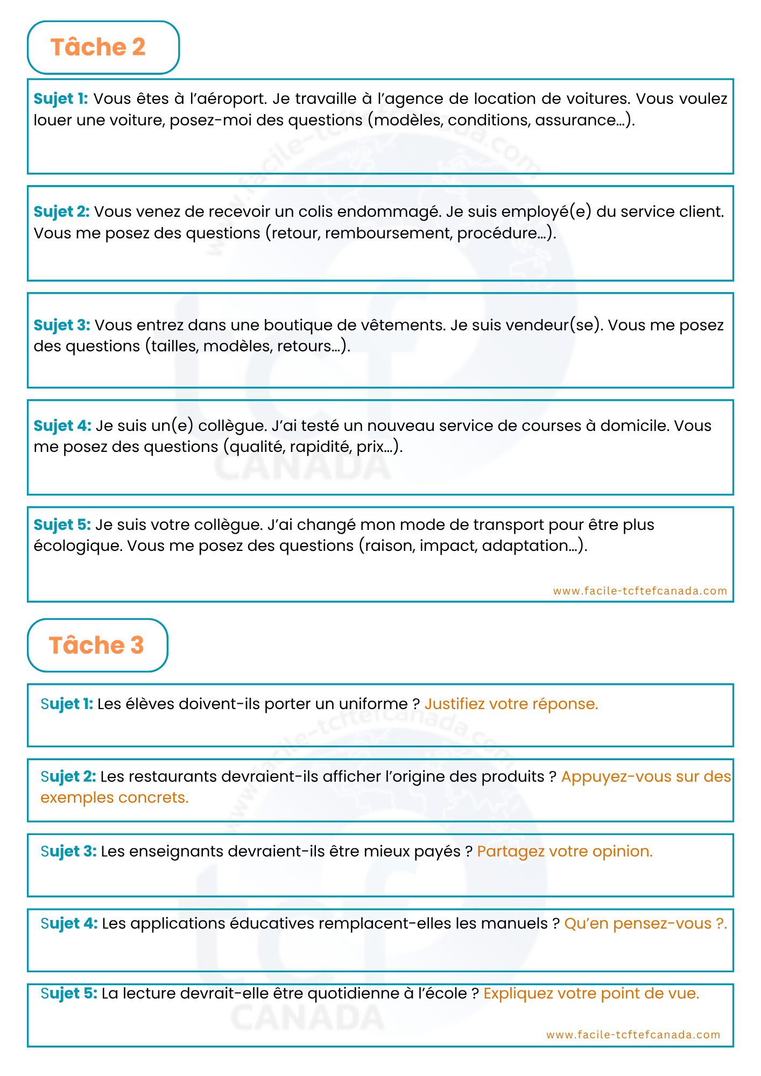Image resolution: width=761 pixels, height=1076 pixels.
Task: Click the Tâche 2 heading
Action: click(x=98, y=47)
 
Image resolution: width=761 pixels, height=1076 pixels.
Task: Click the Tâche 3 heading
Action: click(x=96, y=645)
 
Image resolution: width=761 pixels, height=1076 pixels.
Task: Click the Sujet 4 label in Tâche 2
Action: click(x=62, y=426)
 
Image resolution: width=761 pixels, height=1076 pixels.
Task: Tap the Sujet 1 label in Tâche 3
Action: click(x=67, y=704)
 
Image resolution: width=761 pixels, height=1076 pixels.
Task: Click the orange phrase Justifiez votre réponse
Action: click(x=511, y=704)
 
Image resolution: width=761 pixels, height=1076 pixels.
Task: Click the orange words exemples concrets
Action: click(x=114, y=798)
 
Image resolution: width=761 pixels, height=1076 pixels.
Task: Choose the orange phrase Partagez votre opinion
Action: click(x=565, y=852)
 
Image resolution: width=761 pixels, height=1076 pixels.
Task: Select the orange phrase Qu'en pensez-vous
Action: click(x=638, y=924)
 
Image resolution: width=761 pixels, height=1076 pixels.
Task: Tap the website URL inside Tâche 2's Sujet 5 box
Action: click(x=640, y=591)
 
